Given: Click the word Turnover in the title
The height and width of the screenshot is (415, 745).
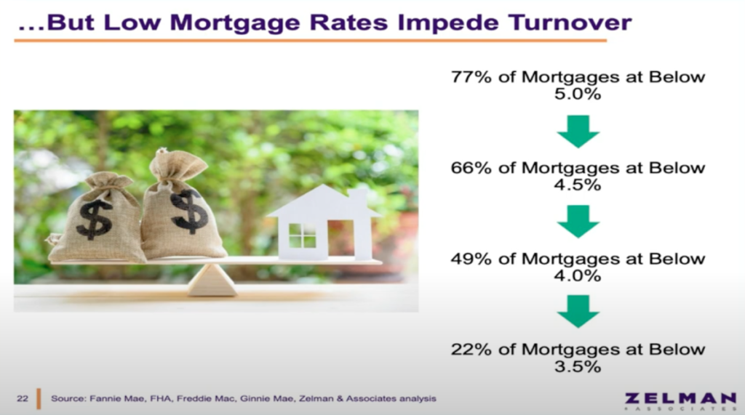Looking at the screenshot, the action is click(570, 23).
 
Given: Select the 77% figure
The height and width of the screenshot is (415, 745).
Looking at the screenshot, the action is click(471, 77).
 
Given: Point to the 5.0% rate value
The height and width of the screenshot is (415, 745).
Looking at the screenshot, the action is click(577, 94).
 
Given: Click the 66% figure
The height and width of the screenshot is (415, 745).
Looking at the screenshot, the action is click(471, 168).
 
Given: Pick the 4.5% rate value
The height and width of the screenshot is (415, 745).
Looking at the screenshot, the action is click(577, 185).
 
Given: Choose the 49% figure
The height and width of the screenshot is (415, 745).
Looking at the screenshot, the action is click(471, 259).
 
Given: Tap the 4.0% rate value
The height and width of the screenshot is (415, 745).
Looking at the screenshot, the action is click(577, 275).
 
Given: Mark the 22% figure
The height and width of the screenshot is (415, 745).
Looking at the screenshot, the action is click(471, 350).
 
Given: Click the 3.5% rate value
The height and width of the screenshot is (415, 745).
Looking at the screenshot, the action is click(577, 366).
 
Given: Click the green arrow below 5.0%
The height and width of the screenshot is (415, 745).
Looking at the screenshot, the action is click(578, 132).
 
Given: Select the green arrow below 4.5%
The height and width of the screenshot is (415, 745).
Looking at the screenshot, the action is click(578, 222).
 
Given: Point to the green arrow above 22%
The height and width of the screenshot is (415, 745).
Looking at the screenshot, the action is click(578, 312).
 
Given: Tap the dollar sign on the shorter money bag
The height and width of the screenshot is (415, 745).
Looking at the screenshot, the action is click(95, 219).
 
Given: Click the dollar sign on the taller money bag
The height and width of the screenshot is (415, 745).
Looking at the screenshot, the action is click(189, 211).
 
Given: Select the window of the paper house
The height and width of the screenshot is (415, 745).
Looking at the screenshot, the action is click(302, 235).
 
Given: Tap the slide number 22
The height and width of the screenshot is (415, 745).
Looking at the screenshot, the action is click(23, 398).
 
